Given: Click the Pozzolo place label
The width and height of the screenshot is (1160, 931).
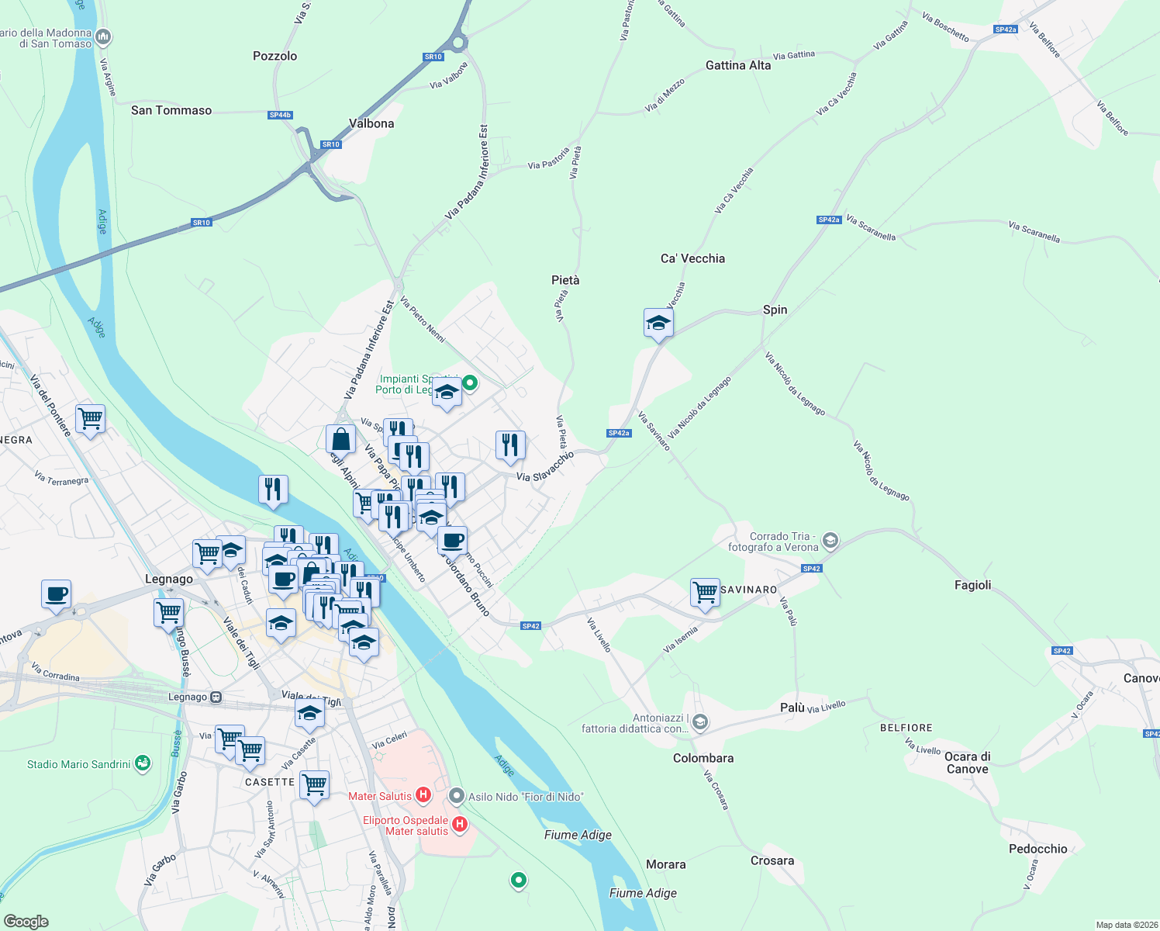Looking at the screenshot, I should point(274,56).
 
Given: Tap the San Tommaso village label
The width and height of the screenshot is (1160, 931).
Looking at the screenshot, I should point(171,110).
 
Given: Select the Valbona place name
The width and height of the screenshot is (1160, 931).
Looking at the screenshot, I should point(371,123).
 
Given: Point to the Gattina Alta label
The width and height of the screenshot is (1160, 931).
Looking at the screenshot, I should point(738,65).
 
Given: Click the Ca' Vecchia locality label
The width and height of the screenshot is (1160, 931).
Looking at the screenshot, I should point(692,258).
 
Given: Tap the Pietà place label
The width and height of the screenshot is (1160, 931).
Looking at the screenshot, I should point(565,280).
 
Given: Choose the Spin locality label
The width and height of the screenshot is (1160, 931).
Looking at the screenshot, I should point(775,310).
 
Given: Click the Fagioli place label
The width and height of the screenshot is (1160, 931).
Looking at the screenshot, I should point(972,585).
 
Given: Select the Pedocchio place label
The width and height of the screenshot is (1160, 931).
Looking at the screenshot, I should point(1037,849).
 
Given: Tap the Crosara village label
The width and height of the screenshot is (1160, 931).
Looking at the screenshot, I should point(772,860).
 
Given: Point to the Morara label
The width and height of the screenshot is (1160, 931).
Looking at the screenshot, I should point(666,864).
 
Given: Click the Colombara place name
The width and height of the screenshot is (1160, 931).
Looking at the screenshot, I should point(703,758).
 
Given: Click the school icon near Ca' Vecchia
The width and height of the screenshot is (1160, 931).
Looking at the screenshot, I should point(658,323).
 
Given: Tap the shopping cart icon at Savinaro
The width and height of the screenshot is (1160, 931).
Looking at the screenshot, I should point(705,592).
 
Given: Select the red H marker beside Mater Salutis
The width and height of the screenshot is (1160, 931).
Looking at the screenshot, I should point(423,794).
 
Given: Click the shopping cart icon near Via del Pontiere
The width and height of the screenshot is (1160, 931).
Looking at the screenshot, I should point(90,419).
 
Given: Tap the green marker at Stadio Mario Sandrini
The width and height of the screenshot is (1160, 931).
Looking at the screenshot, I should point(142,763).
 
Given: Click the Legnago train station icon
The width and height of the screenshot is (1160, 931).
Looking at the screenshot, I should point(216,697).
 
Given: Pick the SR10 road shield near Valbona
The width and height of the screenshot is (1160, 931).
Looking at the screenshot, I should point(331,144).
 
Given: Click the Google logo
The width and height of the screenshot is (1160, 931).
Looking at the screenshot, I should point(26,922).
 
